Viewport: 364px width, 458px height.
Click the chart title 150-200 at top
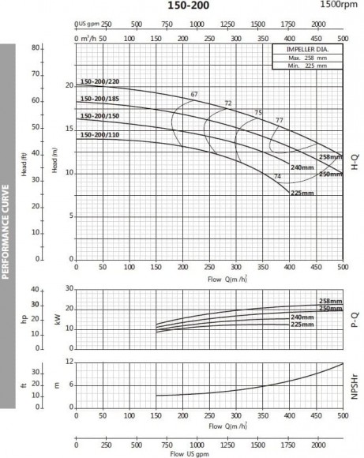(x=182, y=6)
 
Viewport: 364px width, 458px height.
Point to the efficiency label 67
(x=194, y=95)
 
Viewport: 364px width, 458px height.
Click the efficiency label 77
(x=279, y=120)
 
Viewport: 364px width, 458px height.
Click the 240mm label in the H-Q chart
(x=302, y=168)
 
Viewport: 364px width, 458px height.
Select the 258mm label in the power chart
(x=329, y=301)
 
